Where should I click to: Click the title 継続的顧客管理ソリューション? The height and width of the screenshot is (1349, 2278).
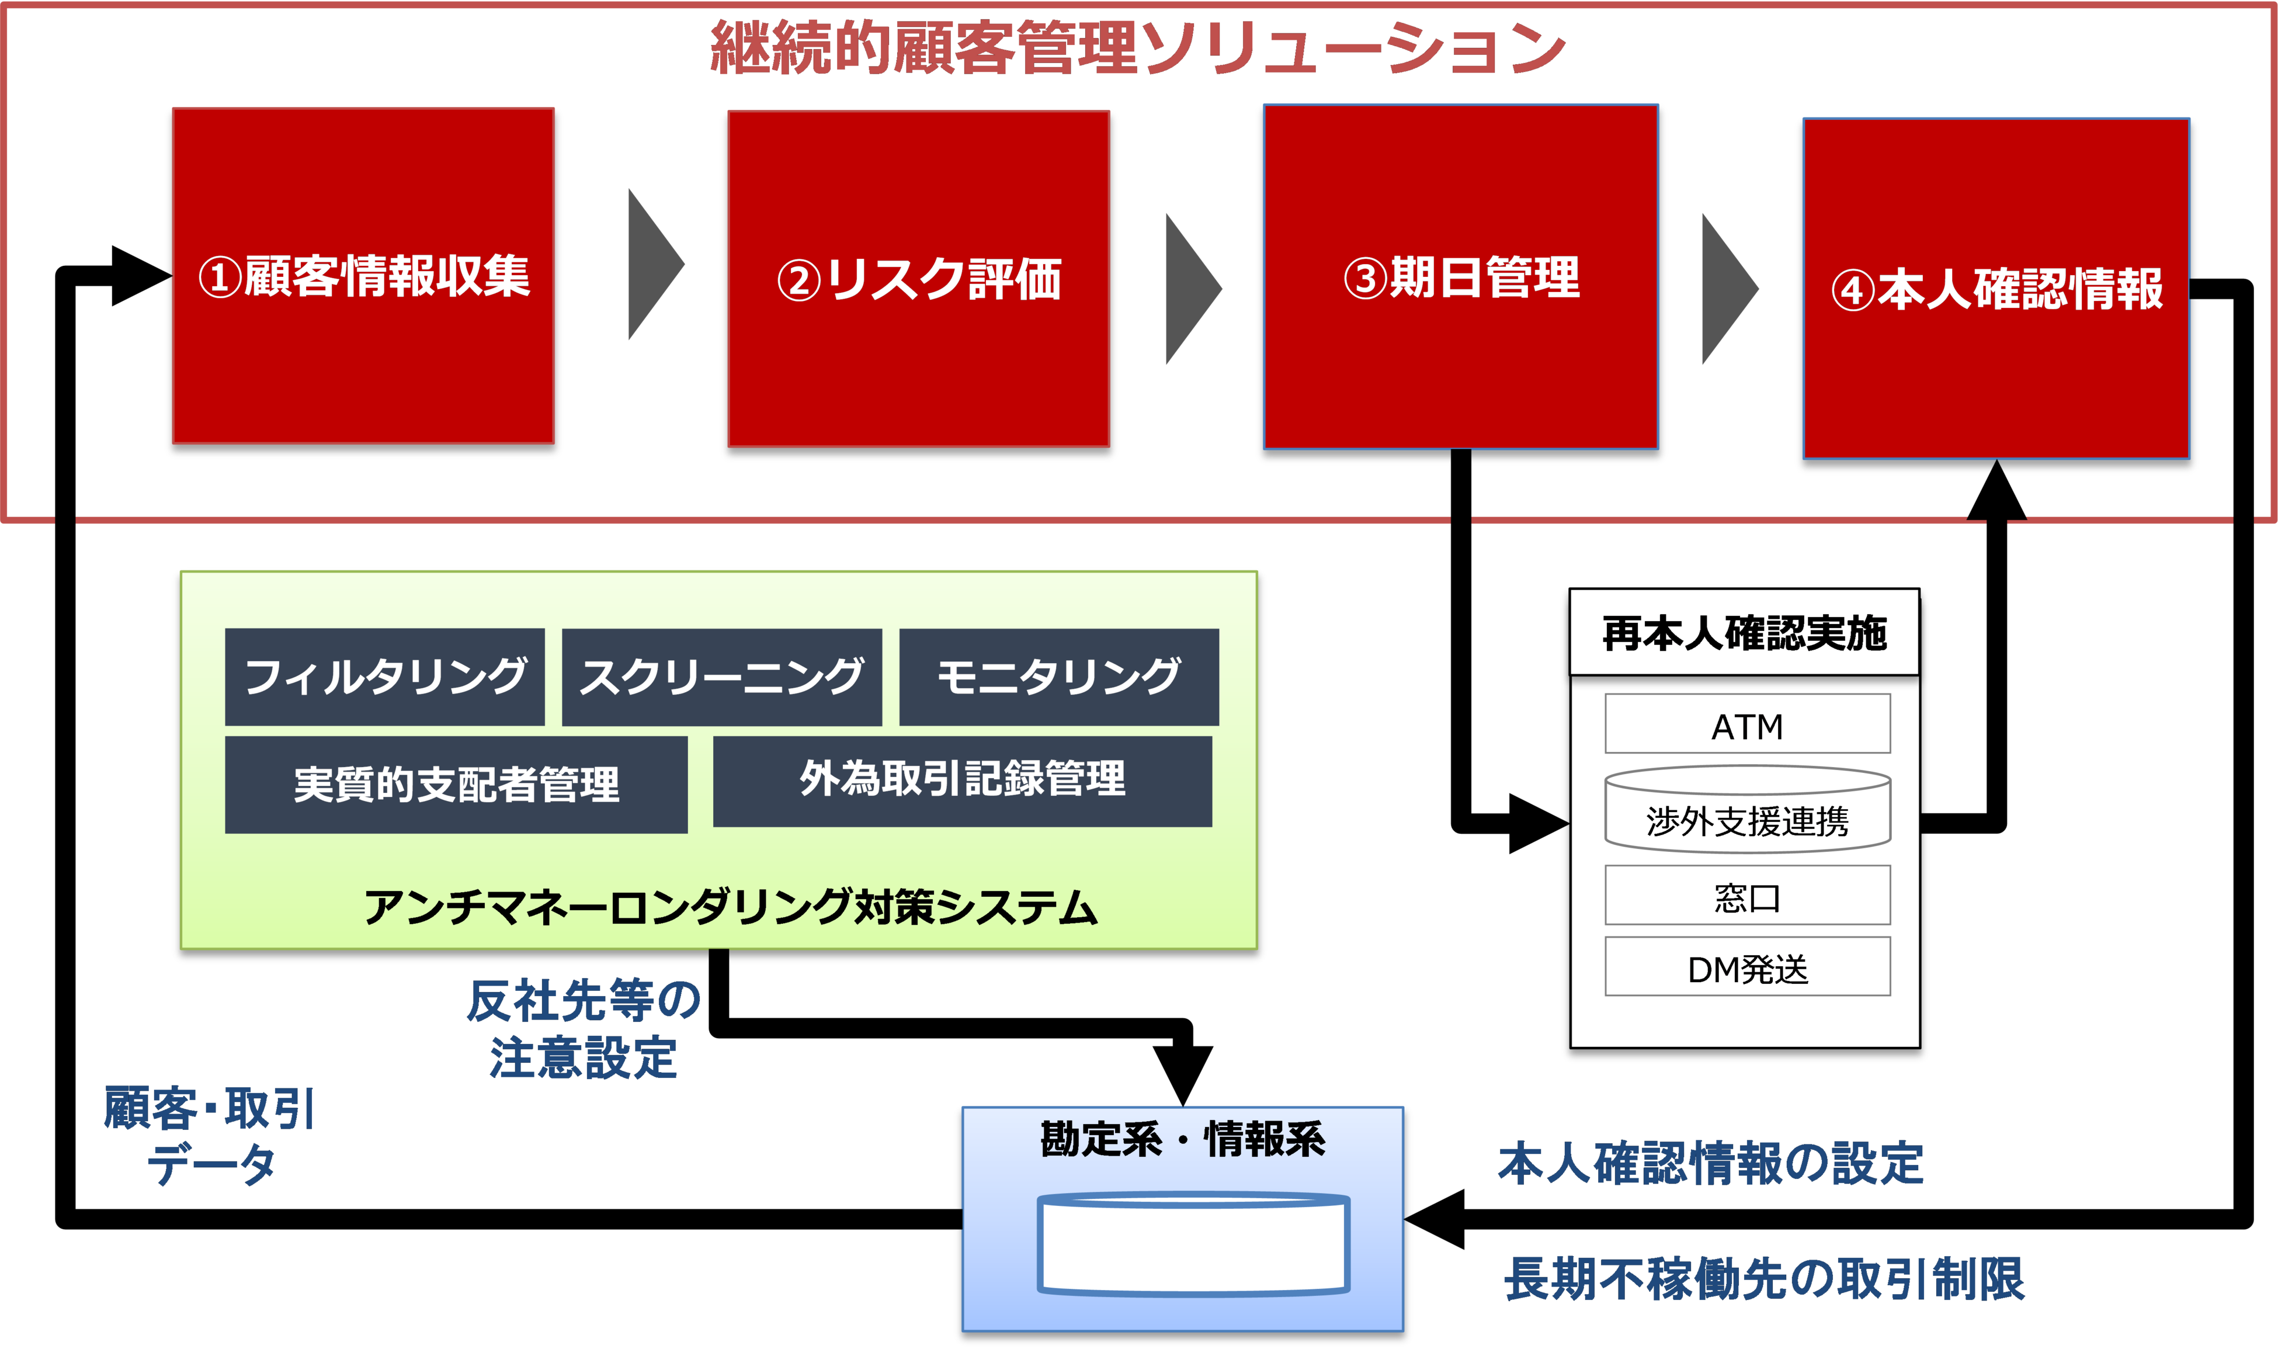click(x=1138, y=48)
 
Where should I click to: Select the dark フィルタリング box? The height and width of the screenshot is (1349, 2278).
click(x=384, y=677)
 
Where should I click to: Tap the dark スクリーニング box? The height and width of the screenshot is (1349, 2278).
click(x=721, y=677)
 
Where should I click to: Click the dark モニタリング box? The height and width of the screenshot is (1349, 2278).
click(x=1058, y=677)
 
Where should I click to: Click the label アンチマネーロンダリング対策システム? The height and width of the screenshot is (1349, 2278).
click(x=731, y=907)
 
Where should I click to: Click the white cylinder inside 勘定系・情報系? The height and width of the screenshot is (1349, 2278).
click(x=1193, y=1244)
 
